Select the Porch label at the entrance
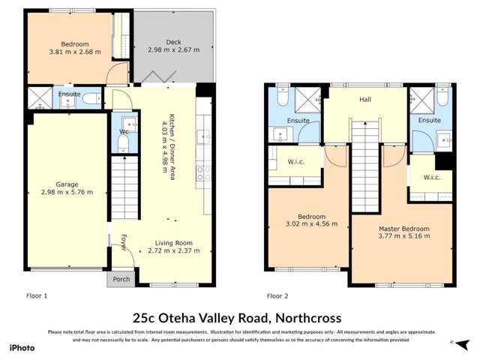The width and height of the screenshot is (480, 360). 121,279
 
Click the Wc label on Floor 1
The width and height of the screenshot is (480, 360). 124,133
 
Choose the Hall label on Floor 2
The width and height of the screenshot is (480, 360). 365,98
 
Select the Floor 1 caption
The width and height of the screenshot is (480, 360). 36,295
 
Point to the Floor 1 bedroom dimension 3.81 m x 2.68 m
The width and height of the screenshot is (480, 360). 69,52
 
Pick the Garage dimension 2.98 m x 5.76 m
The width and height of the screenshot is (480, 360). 67,192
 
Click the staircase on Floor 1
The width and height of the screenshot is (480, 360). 125,188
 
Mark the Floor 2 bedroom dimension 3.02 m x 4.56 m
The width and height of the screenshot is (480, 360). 312,223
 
